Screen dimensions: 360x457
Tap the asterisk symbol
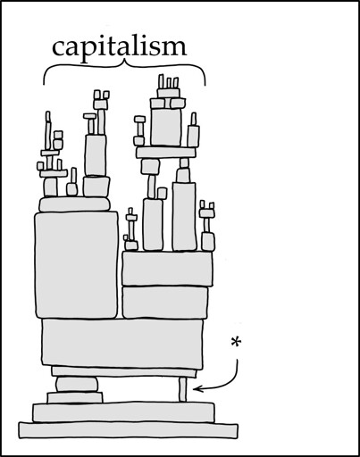coord(236,343)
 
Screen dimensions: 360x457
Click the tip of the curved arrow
coord(194,388)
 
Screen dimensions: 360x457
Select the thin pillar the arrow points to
coord(183,389)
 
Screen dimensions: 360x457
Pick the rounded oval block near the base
coord(77,384)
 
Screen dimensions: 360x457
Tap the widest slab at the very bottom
coord(129,430)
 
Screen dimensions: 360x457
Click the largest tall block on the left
coord(77,265)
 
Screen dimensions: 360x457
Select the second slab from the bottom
coord(123,412)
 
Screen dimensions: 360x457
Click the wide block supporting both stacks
coord(122,343)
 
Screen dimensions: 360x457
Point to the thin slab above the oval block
coord(124,372)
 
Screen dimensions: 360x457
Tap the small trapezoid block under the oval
coord(75,397)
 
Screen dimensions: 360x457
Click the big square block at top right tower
coord(166,127)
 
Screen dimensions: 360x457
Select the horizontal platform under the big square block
coord(166,153)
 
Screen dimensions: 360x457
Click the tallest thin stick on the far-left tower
coord(48,130)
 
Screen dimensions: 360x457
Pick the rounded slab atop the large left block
coord(74,204)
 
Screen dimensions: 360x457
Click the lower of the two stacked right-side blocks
coord(165,302)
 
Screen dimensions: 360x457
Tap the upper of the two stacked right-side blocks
coord(168,269)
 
